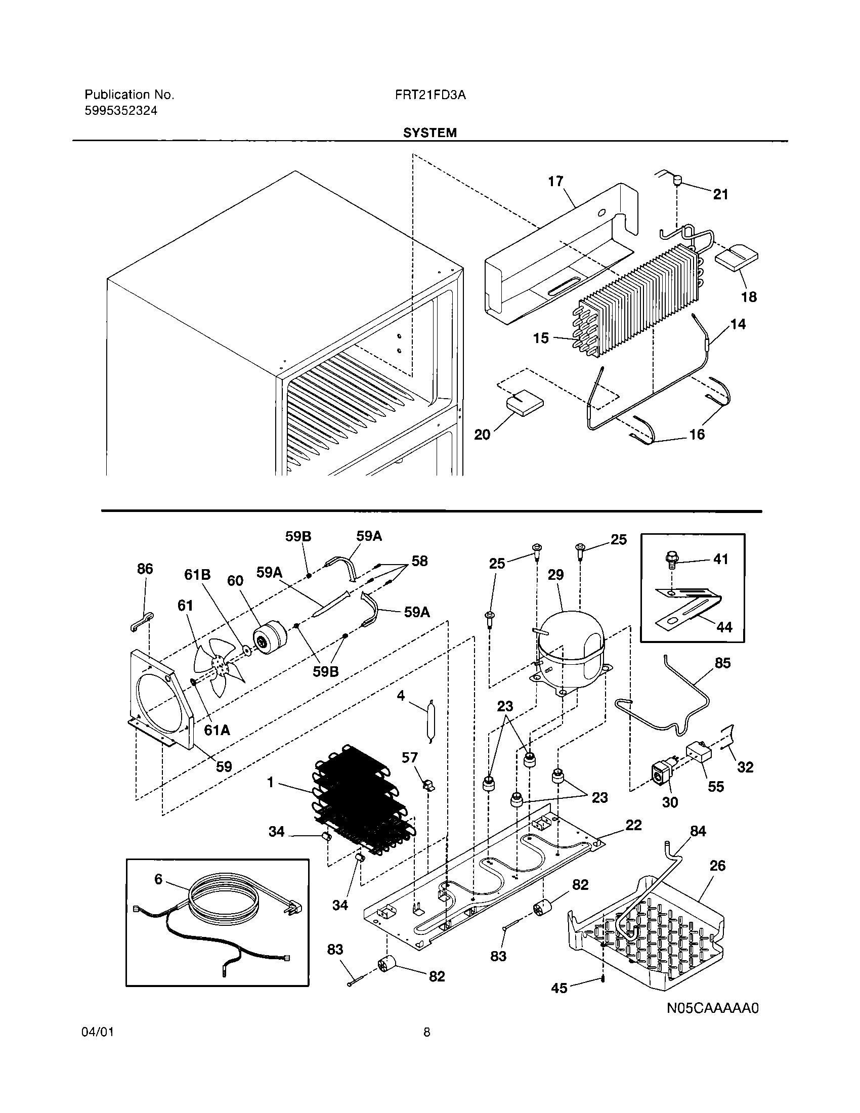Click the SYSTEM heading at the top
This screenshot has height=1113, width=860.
[x=429, y=133]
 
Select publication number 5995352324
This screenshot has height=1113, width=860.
[x=121, y=111]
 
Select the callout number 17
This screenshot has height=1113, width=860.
[x=555, y=182]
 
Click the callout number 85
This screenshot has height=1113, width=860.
[x=722, y=663]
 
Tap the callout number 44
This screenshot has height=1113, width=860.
[x=724, y=626]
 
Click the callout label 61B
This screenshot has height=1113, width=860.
[x=197, y=575]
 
